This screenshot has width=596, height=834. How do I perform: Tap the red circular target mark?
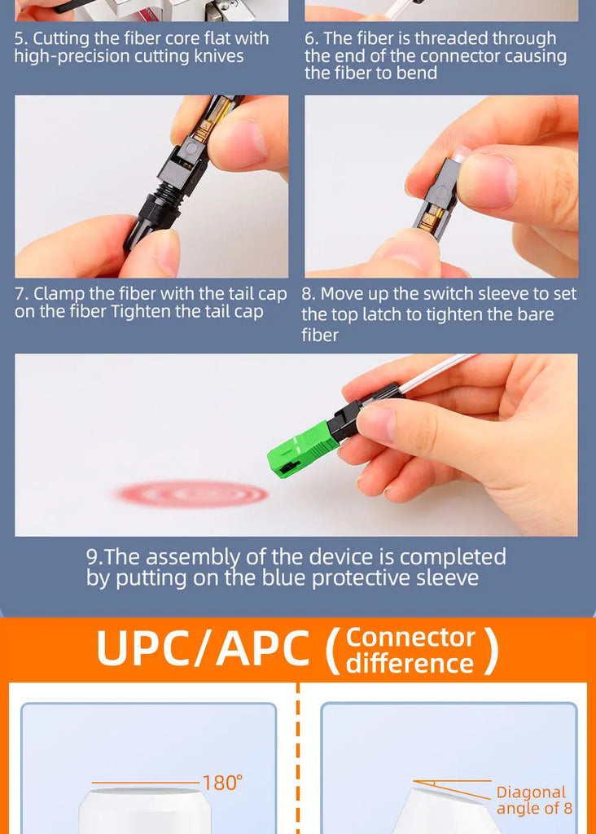[x=192, y=494]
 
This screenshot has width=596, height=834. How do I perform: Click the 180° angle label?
[x=222, y=783]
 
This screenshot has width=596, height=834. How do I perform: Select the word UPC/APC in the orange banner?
[x=203, y=648]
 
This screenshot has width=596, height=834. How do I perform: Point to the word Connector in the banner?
[x=410, y=637]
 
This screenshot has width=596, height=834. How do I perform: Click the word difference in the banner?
[x=410, y=663]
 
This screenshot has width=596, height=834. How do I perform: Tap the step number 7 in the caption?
[x=20, y=293]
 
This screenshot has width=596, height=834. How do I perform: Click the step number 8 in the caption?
[x=309, y=293]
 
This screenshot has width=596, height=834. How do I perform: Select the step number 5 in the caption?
[x=20, y=38]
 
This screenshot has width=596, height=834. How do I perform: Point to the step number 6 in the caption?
[x=311, y=38]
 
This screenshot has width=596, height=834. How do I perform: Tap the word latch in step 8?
[x=382, y=314]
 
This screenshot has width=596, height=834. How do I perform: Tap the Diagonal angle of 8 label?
[x=534, y=800]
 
